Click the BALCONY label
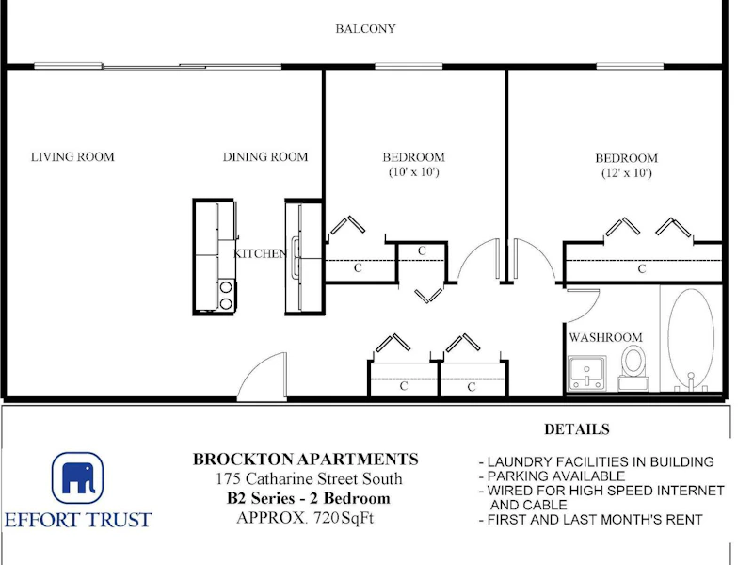tap(365, 29)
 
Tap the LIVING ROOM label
tap(72, 157)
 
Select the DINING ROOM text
tap(265, 157)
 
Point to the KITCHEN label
tap(260, 253)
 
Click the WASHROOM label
tap(605, 337)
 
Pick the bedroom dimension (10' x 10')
tap(413, 172)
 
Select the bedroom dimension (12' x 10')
tap(626, 173)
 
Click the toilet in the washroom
tap(633, 368)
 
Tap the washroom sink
tap(586, 373)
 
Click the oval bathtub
tap(691, 339)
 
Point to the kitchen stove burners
tap(226, 295)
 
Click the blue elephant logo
tap(77, 477)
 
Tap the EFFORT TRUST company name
tap(78, 521)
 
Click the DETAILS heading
tap(577, 429)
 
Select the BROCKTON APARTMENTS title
tap(305, 460)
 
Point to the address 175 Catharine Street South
tap(310, 479)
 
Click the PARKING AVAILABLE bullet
tap(553, 476)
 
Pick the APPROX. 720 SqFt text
tap(305, 518)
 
